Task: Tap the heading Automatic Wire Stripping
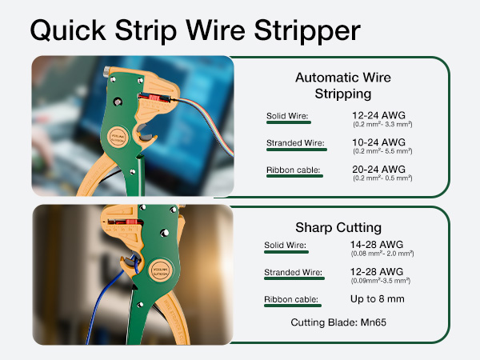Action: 347,86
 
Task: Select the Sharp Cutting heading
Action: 347,227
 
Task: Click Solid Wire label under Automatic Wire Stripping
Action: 287,117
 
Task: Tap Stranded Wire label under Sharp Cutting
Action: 293,273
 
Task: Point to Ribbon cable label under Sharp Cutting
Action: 291,300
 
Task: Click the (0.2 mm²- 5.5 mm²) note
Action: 382,152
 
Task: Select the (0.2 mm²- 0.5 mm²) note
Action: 382,178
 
